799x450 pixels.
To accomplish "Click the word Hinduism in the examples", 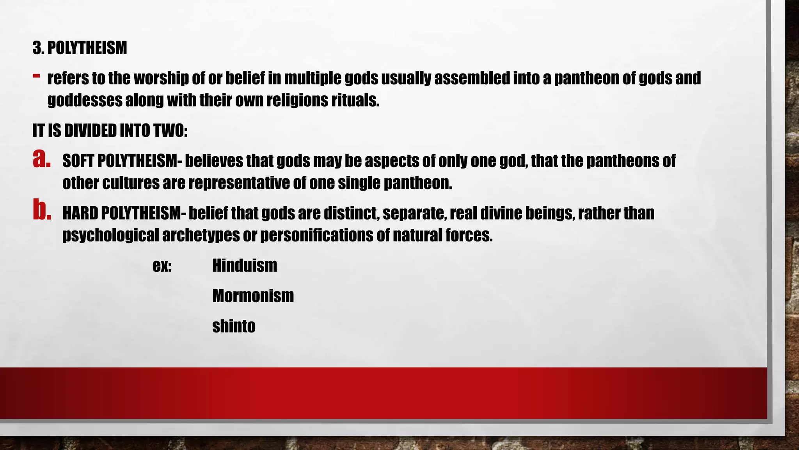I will pos(245,266).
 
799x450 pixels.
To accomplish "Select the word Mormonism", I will pos(253,296).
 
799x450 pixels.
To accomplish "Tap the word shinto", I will pos(234,326).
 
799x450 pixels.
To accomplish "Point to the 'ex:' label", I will pos(162,266).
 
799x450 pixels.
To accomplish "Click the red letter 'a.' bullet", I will pos(42,159).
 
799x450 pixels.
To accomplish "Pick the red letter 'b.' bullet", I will pos(42,211).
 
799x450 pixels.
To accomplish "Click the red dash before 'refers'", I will pos(36,75).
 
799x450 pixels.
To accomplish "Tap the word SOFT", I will pos(78,161).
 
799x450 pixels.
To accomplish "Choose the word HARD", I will pos(80,213).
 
